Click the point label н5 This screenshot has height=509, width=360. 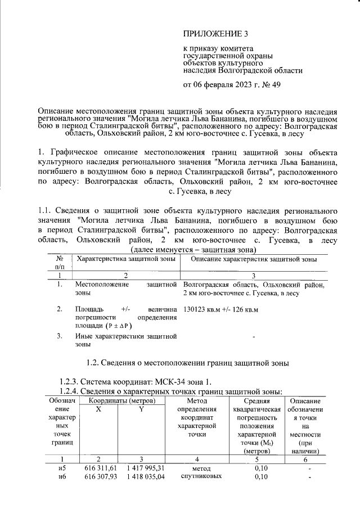click(x=62, y=468)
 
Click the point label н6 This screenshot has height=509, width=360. click(x=62, y=478)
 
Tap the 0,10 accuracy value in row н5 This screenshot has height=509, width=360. click(x=259, y=468)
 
